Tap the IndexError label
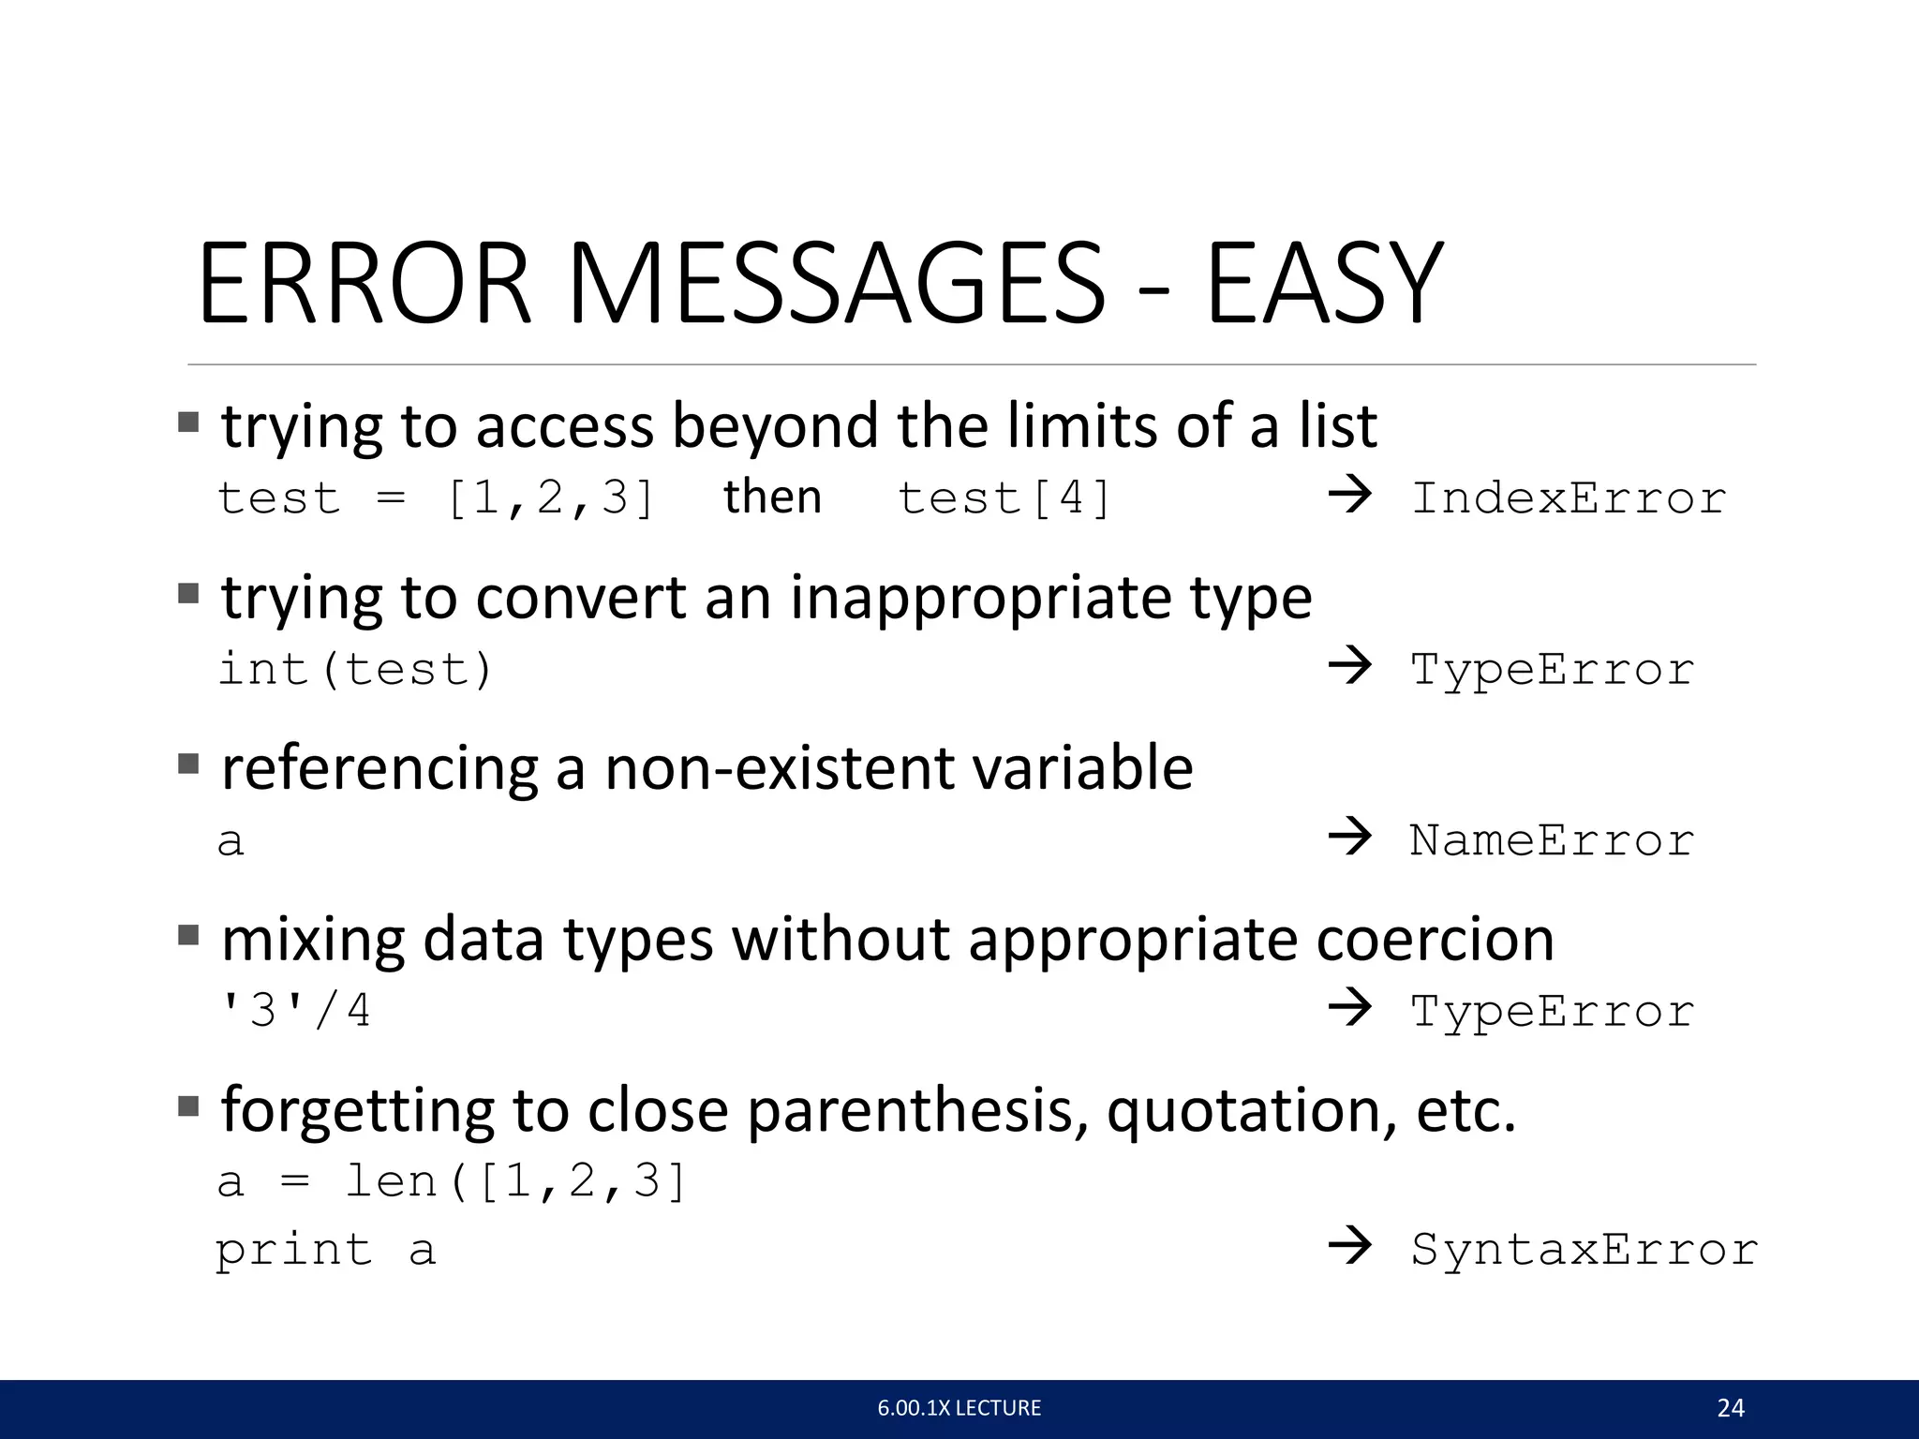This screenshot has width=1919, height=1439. coord(1568,497)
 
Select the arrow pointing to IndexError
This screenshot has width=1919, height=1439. coord(1350,495)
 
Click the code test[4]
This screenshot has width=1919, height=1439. coord(1004,497)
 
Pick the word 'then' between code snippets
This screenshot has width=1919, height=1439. coord(772,496)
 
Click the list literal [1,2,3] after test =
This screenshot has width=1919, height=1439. coord(550,497)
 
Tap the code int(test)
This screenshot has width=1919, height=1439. coord(354,669)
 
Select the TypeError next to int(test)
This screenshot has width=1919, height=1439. coord(1552,669)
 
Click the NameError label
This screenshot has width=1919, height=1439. coord(1552,839)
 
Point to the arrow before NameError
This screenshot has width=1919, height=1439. coord(1350,836)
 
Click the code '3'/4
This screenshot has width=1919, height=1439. coord(294,1010)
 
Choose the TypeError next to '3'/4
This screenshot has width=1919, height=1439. coord(1552,1011)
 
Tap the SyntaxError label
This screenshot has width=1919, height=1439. coord(1584,1249)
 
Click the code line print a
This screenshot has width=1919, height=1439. coord(325,1251)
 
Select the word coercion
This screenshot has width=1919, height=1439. coord(1435,939)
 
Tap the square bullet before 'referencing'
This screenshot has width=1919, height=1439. coord(188,764)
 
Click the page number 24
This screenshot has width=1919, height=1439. coord(1730,1408)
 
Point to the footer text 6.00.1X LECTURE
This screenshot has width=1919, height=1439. coord(959,1408)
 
